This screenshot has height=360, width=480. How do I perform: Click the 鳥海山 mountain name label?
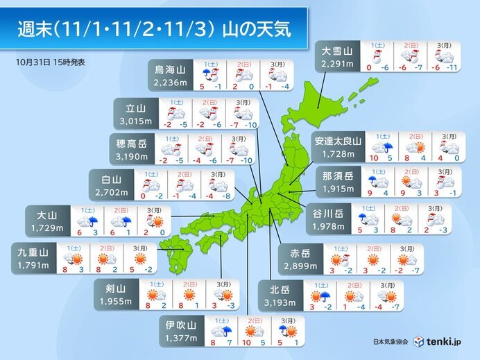169,69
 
